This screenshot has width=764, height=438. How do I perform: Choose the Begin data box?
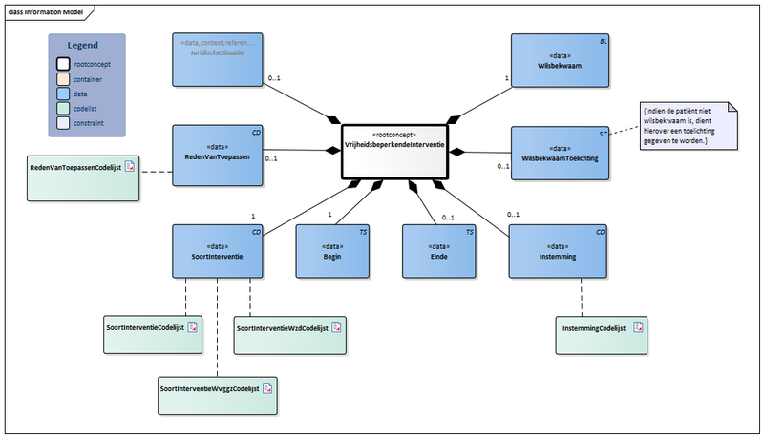tap(332, 251)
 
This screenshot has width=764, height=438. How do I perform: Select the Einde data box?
tap(438, 251)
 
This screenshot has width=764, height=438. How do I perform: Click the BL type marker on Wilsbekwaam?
tap(603, 43)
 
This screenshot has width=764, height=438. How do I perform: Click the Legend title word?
tap(82, 46)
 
